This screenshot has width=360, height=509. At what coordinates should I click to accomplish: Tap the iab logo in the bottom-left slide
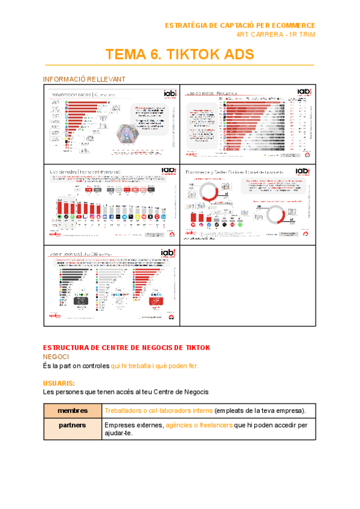(169, 253)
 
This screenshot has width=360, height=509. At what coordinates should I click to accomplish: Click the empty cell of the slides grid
(247, 285)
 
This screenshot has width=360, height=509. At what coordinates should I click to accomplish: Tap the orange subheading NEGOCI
(57, 356)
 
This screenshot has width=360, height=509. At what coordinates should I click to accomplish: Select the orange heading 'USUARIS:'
(59, 383)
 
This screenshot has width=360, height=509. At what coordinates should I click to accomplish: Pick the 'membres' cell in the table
(73, 411)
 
